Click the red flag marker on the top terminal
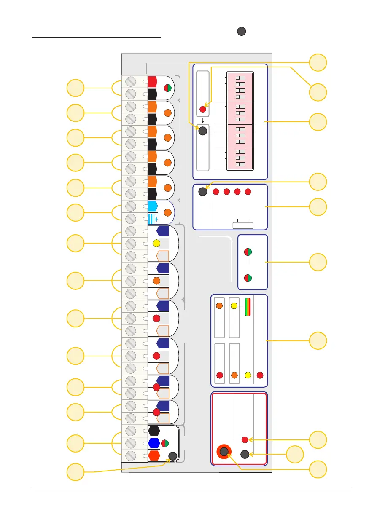(152, 81)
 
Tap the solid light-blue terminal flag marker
(152, 206)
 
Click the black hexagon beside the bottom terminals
(154, 431)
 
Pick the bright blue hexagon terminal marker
(154, 443)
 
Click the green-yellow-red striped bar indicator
(248, 307)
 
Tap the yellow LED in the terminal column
(156, 243)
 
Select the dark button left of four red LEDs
(203, 192)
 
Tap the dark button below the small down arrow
(202, 131)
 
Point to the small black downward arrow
(202, 120)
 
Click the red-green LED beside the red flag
(167, 88)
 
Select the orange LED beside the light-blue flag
(167, 213)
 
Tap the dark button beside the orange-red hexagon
(172, 456)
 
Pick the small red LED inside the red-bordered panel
(245, 440)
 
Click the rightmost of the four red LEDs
(248, 192)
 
